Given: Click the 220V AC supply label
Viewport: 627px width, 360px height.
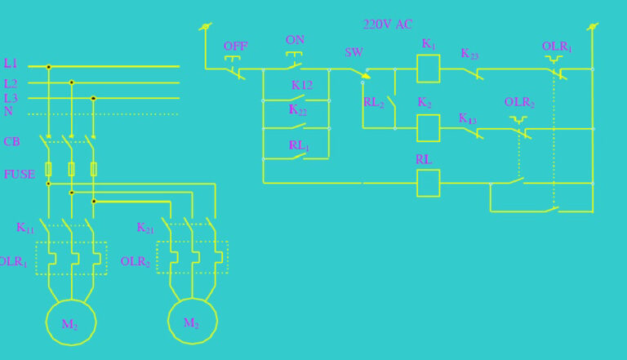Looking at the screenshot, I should point(388,24).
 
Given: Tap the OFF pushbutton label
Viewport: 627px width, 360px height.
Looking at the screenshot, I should point(235,47).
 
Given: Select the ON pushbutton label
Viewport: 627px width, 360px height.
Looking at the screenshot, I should point(295,40).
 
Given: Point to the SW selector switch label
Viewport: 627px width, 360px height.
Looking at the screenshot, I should point(354,52).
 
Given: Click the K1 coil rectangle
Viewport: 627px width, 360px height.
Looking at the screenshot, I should point(429,69).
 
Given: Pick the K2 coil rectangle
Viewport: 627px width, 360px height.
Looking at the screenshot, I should point(429,128).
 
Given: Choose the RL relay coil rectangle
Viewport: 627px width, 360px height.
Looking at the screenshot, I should point(429,183).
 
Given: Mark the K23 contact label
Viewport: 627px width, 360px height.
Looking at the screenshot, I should point(469,54).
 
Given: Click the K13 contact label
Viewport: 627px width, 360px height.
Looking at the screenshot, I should point(467,118).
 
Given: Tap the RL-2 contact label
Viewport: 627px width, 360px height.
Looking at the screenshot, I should point(373,103).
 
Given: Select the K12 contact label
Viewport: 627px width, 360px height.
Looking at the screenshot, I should point(302,85).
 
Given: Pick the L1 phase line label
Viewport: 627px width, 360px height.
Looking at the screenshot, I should point(10,64).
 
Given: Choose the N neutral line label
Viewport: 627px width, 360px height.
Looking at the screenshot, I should point(8,111).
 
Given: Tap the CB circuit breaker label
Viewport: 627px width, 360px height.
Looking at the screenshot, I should point(11,142).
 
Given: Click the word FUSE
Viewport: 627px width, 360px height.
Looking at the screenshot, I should point(19,174).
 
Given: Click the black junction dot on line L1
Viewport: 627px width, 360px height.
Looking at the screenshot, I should point(49,67).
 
